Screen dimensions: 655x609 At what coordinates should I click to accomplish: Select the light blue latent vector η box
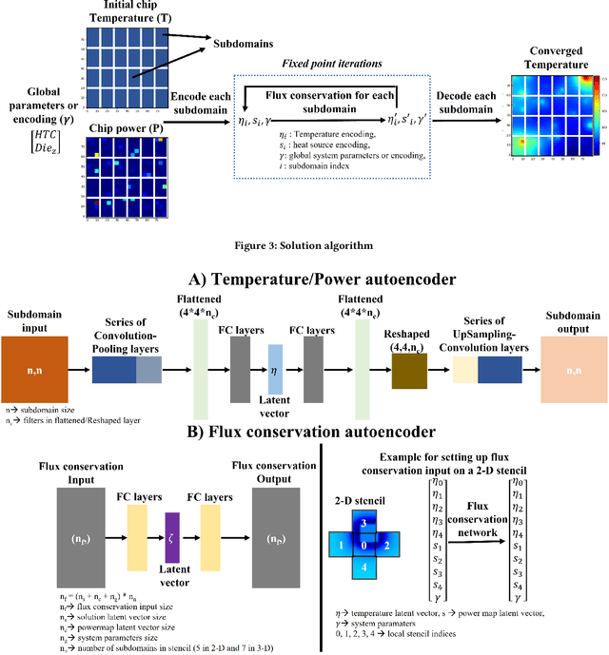(x=273, y=363)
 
